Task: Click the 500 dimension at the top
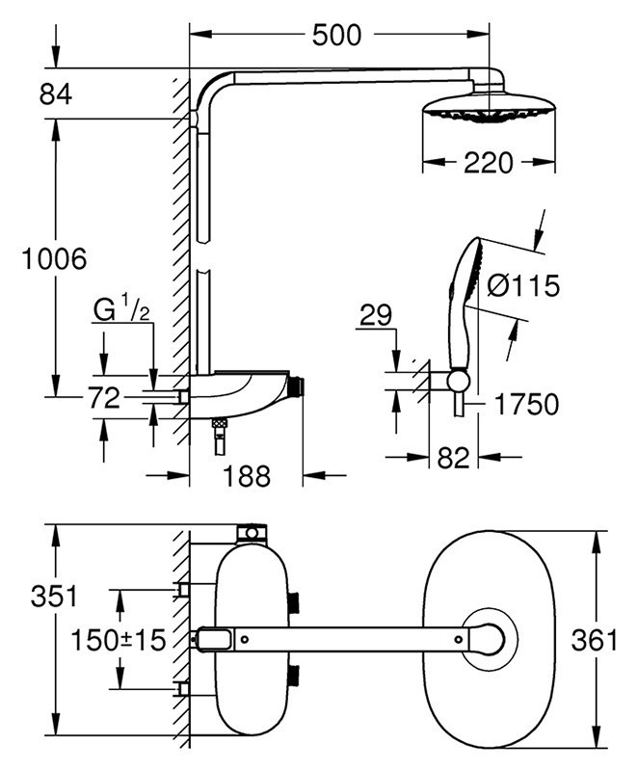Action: (336, 36)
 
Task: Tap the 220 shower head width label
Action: (489, 164)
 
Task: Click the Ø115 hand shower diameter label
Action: (523, 286)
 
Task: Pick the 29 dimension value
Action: (374, 315)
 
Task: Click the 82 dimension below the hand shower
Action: (453, 458)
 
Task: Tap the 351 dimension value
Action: (52, 596)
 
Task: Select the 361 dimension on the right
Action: (591, 638)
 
